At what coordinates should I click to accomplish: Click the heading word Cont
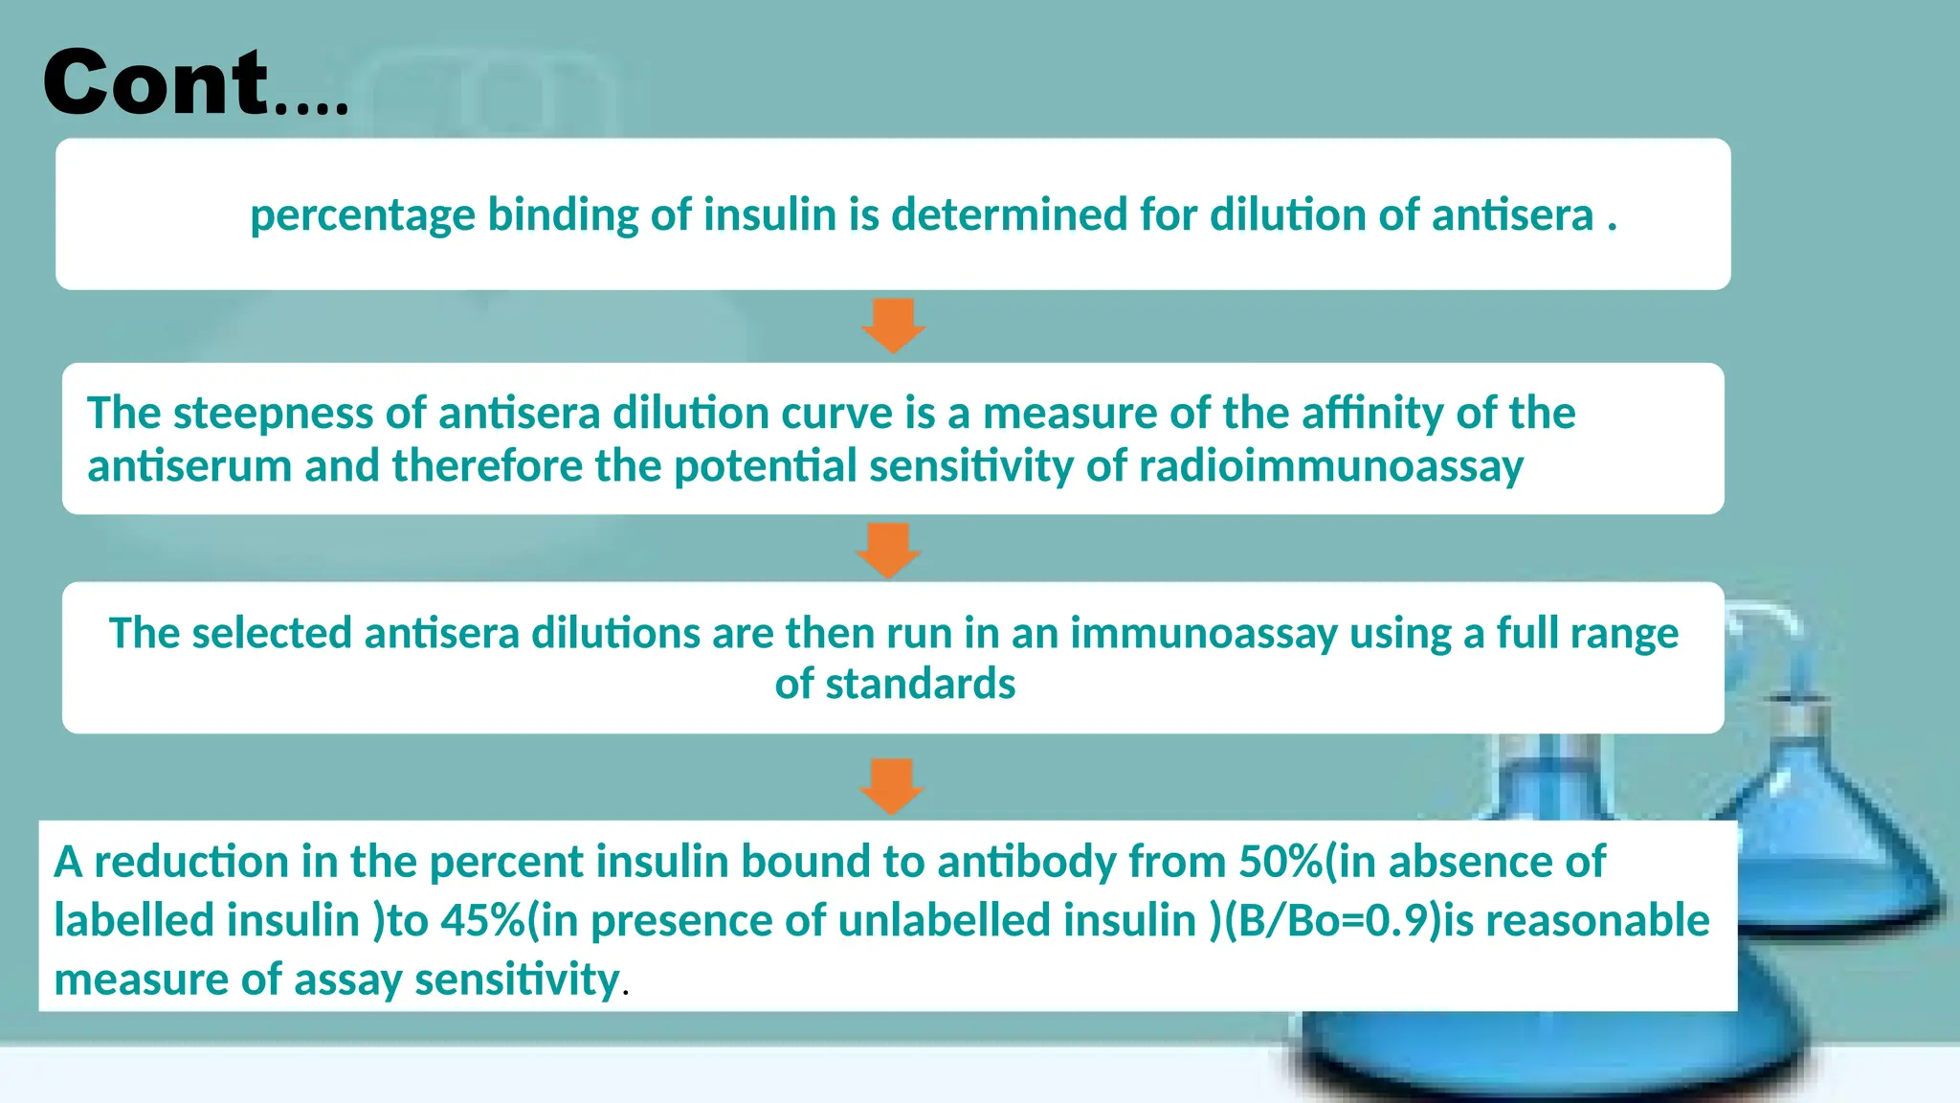156,83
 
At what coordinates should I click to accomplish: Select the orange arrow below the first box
893,326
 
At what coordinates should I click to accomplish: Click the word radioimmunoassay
1330,466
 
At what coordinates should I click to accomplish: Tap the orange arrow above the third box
889,550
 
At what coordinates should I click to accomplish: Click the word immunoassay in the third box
1203,634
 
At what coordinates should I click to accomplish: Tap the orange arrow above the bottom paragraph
892,786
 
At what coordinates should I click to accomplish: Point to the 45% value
482,921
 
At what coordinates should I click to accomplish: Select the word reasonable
1597,921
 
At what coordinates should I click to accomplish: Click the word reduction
191,862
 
